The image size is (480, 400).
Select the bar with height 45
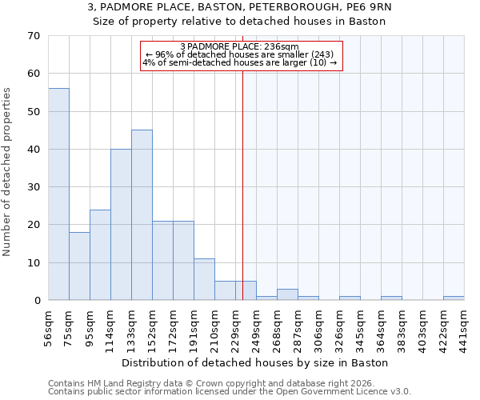[x=142, y=215]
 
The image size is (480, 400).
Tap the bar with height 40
[x=121, y=225]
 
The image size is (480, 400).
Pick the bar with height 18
[x=79, y=266]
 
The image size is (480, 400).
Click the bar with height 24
[x=100, y=255]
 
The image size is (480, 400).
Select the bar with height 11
[x=204, y=279]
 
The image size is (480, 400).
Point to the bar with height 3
[x=287, y=294]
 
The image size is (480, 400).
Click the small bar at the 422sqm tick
[x=454, y=298]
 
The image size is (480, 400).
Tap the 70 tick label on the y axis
[x=33, y=36]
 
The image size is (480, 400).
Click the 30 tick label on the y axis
[x=33, y=187]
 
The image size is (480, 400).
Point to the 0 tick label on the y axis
[x=36, y=301]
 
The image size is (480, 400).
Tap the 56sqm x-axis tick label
[x=49, y=326]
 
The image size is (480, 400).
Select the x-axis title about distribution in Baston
[x=256, y=362]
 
